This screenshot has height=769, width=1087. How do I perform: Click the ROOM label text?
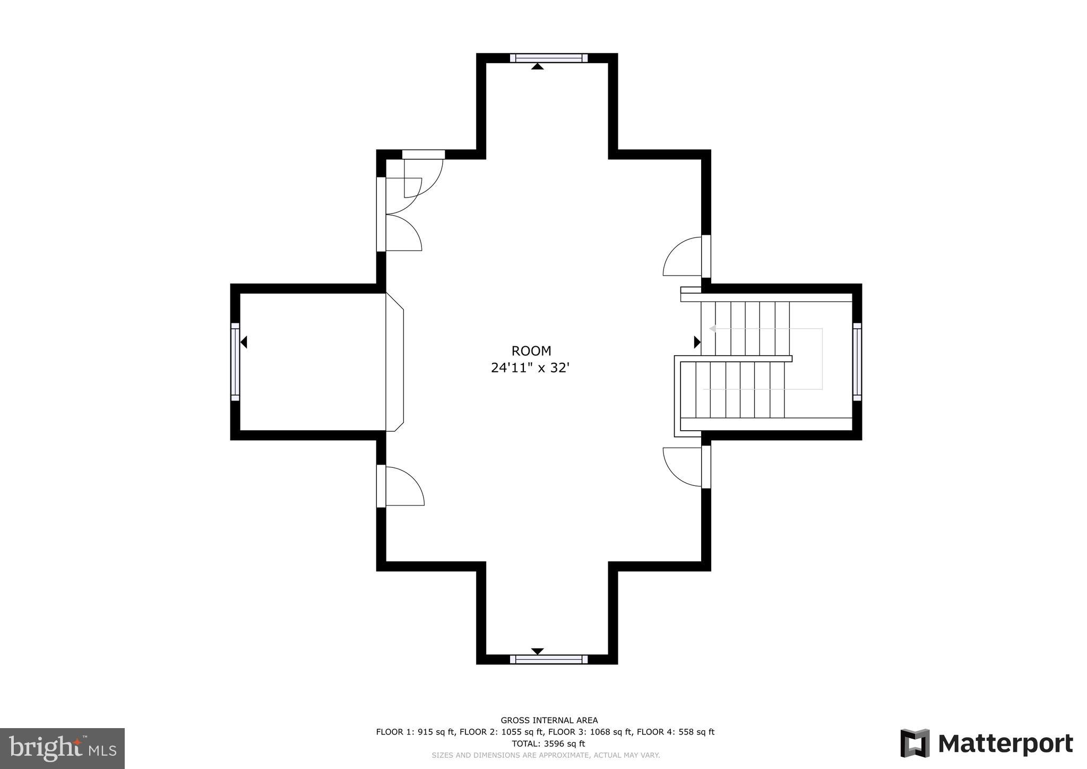(531, 351)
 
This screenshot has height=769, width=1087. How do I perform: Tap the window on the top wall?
(548, 58)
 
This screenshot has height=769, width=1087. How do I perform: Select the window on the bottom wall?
(548, 659)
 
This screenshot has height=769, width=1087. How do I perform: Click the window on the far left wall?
(235, 362)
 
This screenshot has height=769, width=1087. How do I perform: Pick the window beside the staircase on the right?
(857, 362)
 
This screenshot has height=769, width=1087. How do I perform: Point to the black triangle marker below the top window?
(537, 66)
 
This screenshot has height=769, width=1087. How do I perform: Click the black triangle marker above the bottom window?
(537, 651)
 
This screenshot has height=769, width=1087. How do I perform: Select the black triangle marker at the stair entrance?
(697, 341)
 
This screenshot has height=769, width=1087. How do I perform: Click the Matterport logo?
(986, 744)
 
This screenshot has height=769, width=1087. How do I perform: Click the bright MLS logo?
(62, 748)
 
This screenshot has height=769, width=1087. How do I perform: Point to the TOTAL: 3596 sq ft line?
(548, 744)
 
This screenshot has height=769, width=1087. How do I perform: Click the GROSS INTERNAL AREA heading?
(549, 720)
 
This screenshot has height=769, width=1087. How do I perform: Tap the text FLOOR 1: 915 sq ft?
(415, 732)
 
